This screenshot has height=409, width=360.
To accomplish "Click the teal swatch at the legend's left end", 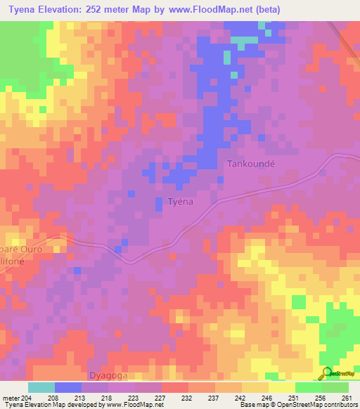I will click(41, 387).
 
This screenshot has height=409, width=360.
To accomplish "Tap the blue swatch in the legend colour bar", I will click(68, 387).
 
